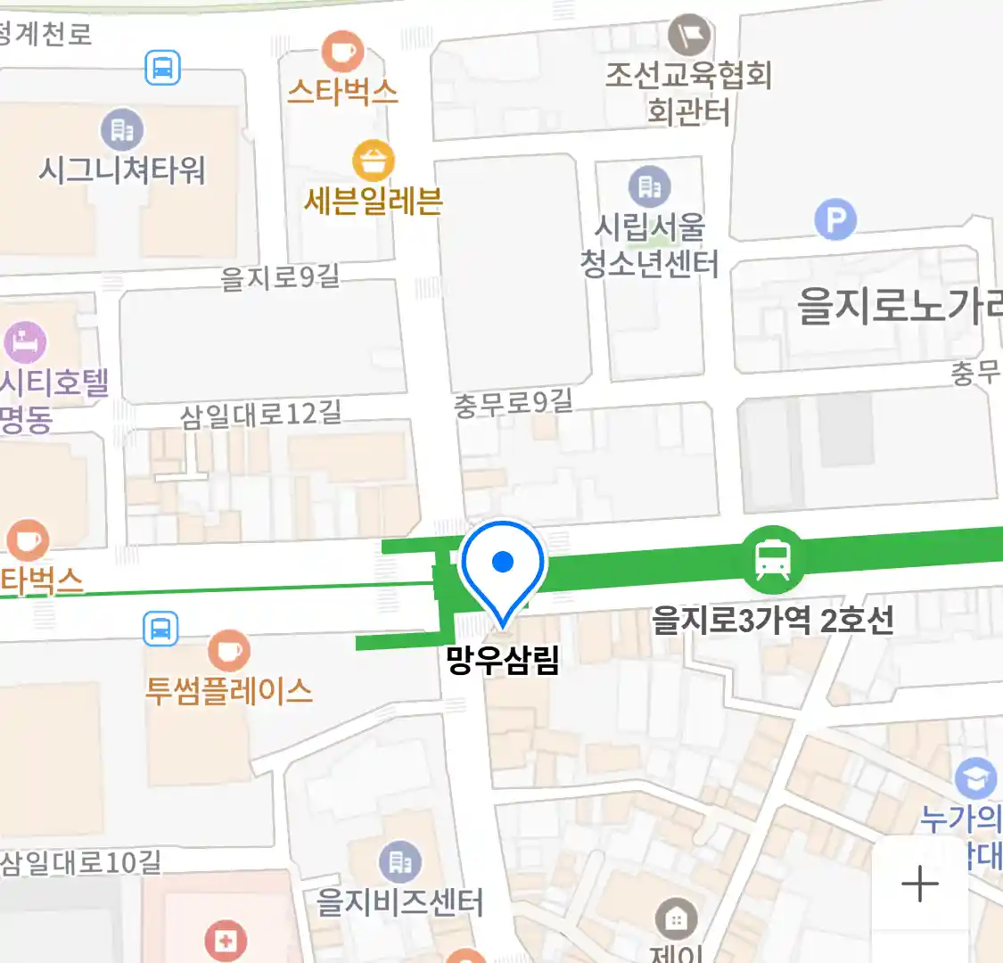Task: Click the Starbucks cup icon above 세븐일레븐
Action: click(342, 51)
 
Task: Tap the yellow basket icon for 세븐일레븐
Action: click(374, 161)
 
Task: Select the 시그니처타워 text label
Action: click(122, 169)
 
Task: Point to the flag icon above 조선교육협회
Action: click(689, 36)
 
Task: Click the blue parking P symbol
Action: click(835, 219)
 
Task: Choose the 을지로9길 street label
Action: click(280, 277)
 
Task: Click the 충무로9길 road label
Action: click(513, 403)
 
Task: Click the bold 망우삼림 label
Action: click(503, 661)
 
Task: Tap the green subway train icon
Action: click(772, 560)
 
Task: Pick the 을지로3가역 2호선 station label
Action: click(772, 620)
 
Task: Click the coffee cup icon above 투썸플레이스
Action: click(229, 651)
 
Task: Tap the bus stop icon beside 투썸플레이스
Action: click(160, 629)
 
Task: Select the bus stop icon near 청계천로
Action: click(162, 67)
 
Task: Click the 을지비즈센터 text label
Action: click(399, 902)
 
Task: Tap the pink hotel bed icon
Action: click(24, 342)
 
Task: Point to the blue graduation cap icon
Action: click(976, 778)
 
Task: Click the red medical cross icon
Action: click(225, 940)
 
